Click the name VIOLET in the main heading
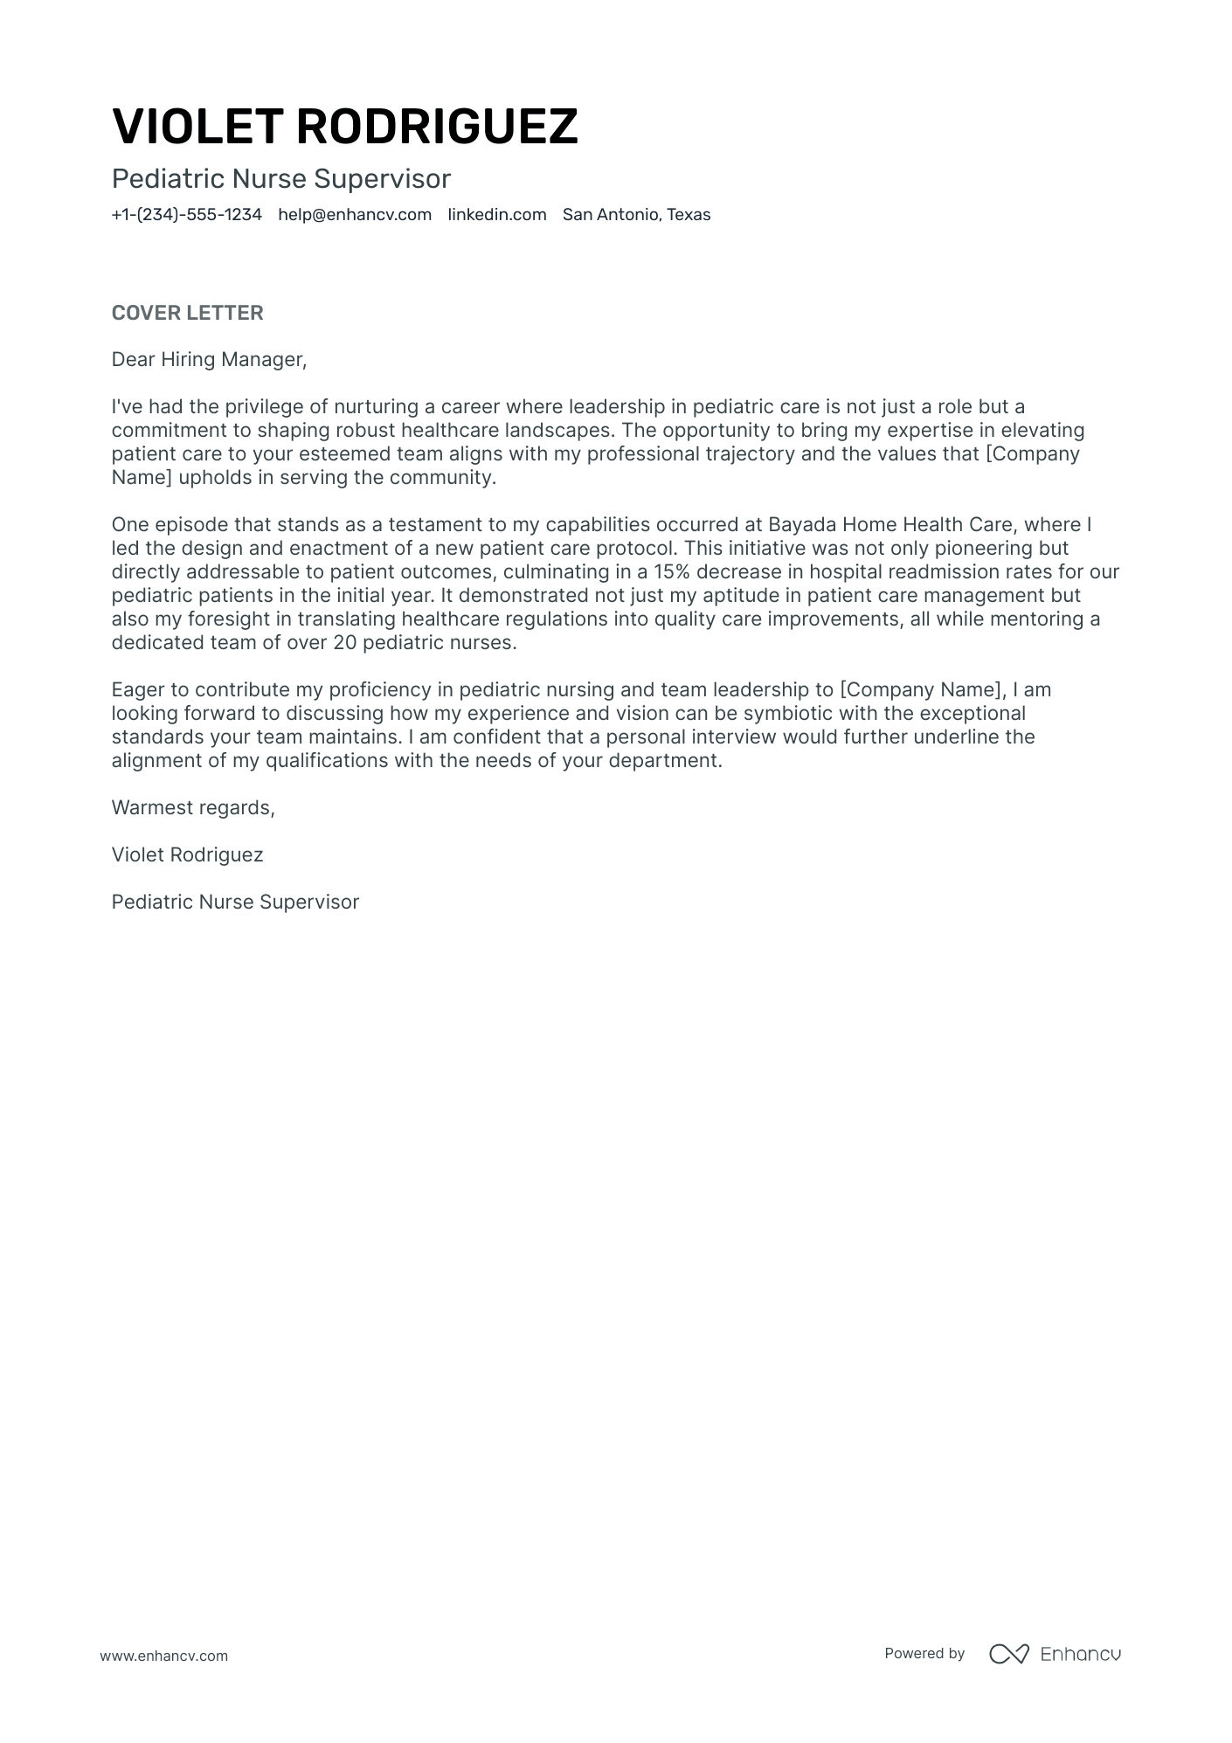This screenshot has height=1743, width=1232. tap(197, 126)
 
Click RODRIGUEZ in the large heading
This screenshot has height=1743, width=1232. tap(437, 126)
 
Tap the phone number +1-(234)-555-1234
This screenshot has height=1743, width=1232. tap(186, 215)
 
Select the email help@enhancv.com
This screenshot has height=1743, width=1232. tap(355, 215)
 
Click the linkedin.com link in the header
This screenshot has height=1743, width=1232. tap(497, 215)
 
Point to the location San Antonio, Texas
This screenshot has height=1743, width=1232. tap(636, 215)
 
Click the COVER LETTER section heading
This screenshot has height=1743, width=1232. tap(187, 313)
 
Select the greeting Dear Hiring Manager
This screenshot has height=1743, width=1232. tap(209, 359)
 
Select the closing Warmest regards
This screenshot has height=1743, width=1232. tap(193, 807)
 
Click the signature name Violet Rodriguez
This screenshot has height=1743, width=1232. tap(187, 854)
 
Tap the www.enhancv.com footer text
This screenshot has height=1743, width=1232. tap(163, 1656)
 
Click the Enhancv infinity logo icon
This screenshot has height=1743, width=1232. tap(1008, 1654)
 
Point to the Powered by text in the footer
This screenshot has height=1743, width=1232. tap(924, 1653)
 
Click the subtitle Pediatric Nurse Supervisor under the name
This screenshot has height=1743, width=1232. tap(280, 179)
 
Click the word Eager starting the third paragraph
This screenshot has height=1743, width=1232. tap(137, 690)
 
